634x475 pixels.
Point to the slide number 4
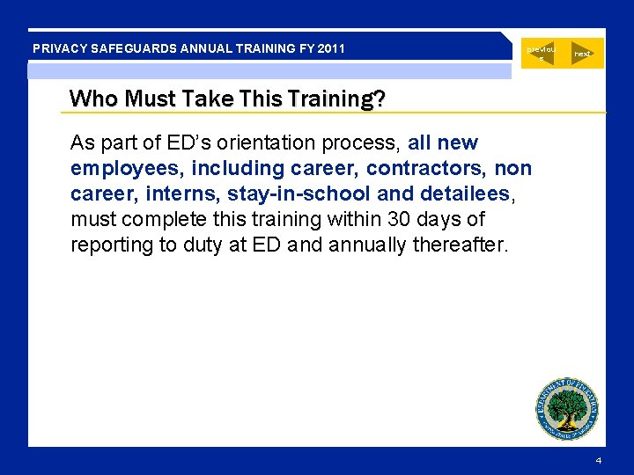599,461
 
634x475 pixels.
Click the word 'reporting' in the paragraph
112,245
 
